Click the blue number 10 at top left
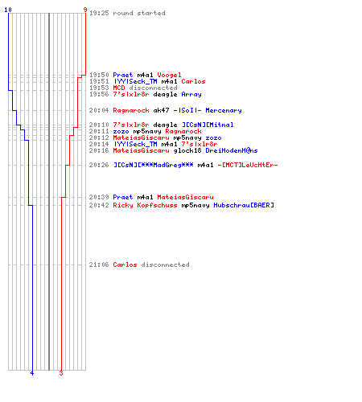(8, 10)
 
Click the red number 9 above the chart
(85, 10)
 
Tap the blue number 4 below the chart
(32, 373)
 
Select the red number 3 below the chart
(61, 373)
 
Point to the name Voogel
(169, 75)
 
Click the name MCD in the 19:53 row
(119, 88)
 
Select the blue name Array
(191, 94)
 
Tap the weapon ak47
(161, 110)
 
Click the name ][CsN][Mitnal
(208, 125)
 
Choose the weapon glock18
(187, 150)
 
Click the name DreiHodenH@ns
(232, 150)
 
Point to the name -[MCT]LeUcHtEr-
(248, 165)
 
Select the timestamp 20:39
(99, 197)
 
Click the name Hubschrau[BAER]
(244, 205)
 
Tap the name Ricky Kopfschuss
(145, 205)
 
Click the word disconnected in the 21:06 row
(165, 265)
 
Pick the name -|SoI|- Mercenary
(208, 110)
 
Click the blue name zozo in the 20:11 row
(121, 131)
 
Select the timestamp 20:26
(99, 165)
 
